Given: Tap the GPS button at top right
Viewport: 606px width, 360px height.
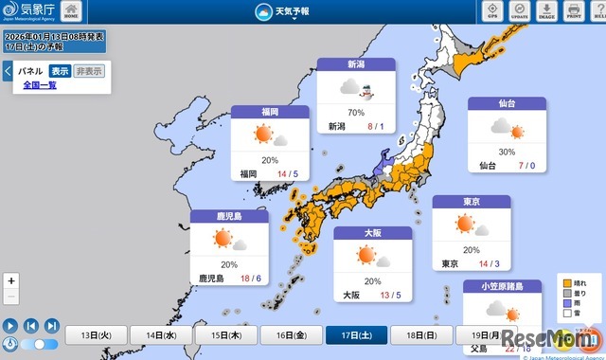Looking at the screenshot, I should coord(492,12).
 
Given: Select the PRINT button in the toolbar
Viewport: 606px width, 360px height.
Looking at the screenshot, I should coord(574,12).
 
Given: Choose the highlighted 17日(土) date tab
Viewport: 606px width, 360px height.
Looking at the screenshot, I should coord(351,335).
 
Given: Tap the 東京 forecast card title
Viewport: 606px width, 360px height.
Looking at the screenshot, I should coord(471,202).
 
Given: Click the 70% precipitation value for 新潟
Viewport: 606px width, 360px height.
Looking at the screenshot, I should coord(356,112).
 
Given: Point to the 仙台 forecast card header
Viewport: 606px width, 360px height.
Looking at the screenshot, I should coord(507,103).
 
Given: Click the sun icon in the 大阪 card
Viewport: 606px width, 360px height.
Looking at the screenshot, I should coord(365,255).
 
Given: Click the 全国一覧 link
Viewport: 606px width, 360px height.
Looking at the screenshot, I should coord(40,85).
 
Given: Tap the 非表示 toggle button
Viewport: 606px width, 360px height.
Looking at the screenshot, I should coord(90,71).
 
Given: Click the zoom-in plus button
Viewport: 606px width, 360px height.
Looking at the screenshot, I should coord(10,280).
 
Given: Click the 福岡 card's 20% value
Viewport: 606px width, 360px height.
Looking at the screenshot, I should coord(270,159).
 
